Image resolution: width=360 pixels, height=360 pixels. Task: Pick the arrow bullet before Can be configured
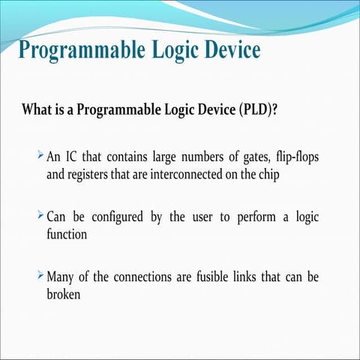(40, 217)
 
